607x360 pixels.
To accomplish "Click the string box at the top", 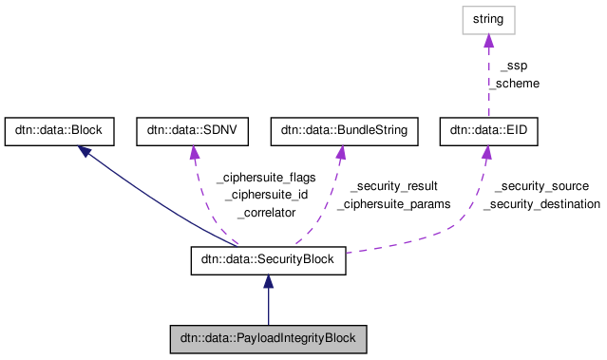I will tap(488, 20).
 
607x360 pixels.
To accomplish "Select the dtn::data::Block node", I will tap(60, 132).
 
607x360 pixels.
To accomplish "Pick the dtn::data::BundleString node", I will tap(345, 132).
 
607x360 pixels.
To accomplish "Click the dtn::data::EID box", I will tap(488, 132).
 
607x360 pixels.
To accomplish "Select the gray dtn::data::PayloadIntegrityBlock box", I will tap(268, 337).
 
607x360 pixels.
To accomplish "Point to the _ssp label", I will tap(513, 66).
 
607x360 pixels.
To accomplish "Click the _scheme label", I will tap(514, 83).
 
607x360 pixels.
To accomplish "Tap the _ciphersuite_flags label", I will tap(266, 177).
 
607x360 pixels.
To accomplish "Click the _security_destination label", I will tap(541, 203).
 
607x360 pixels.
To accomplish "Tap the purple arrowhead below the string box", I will tap(488, 42).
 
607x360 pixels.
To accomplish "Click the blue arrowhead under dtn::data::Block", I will tap(85, 151).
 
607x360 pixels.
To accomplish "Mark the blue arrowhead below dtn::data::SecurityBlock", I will tap(268, 282).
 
